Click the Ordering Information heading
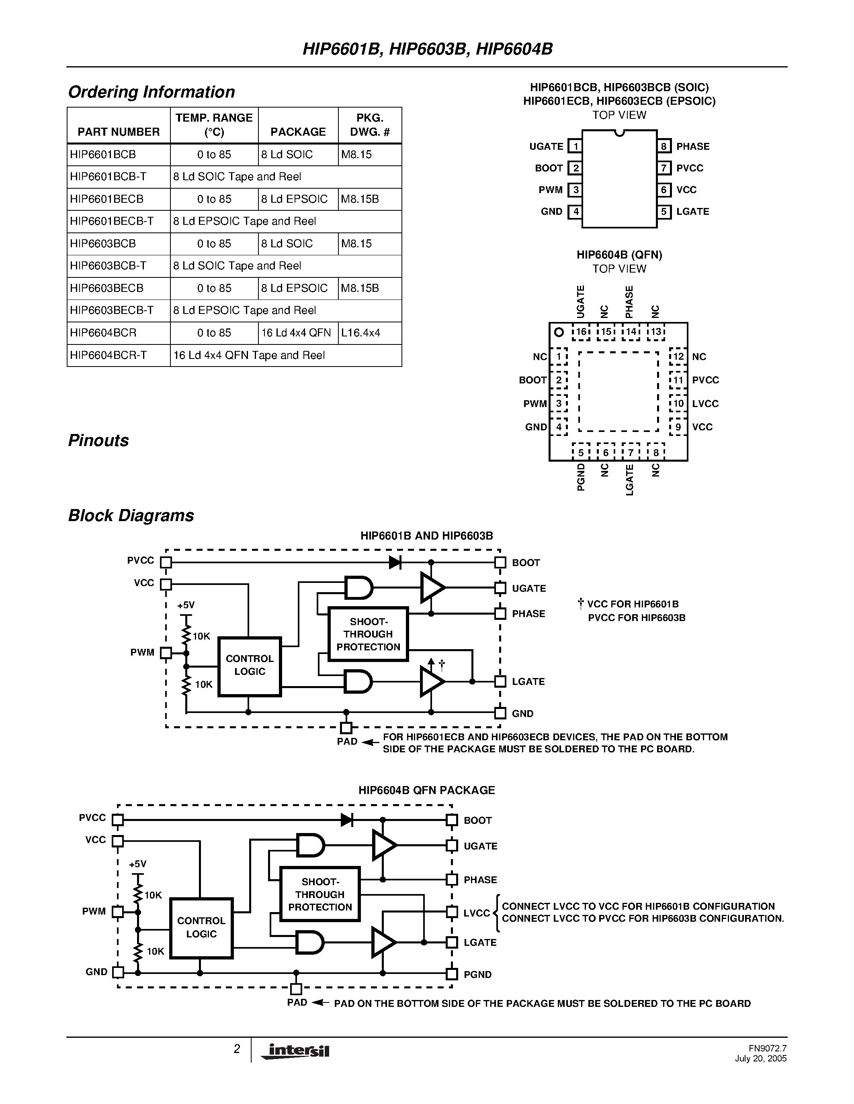click(x=151, y=92)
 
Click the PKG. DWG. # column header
click(x=370, y=125)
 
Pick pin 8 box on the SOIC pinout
click(x=664, y=147)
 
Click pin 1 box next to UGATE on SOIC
click(x=575, y=147)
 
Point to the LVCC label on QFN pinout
click(x=705, y=404)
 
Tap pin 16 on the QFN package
click(x=581, y=332)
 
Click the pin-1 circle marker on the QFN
click(x=559, y=332)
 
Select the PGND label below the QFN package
click(x=581, y=477)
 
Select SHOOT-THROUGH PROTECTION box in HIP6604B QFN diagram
click(x=320, y=894)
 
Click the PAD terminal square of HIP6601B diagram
click(x=346, y=728)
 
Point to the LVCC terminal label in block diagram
click(x=477, y=913)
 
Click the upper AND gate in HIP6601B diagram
click(x=358, y=588)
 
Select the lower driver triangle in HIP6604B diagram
click(x=383, y=942)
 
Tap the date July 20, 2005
click(x=760, y=1059)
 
